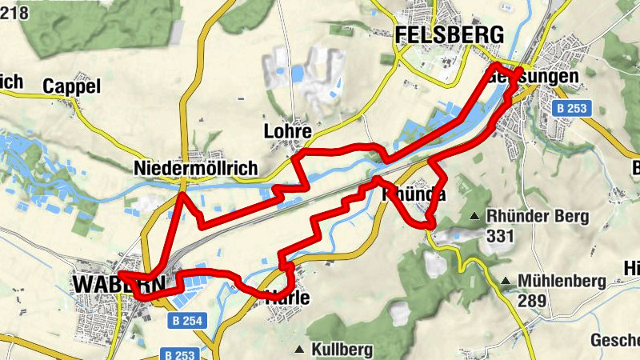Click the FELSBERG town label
(x=450, y=34)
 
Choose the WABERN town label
(x=118, y=284)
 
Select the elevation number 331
(x=499, y=237)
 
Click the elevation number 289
(x=531, y=301)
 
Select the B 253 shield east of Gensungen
(x=571, y=108)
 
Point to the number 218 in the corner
(x=14, y=12)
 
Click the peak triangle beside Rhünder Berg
(x=474, y=216)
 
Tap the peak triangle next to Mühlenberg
(x=506, y=281)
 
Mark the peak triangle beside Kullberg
(x=299, y=350)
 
